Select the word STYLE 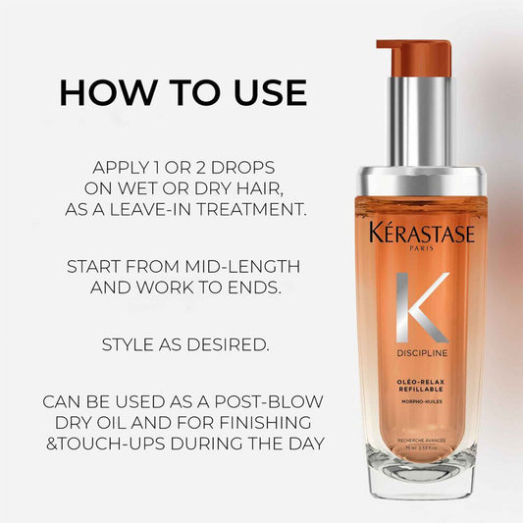pyautogui.click(x=128, y=345)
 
